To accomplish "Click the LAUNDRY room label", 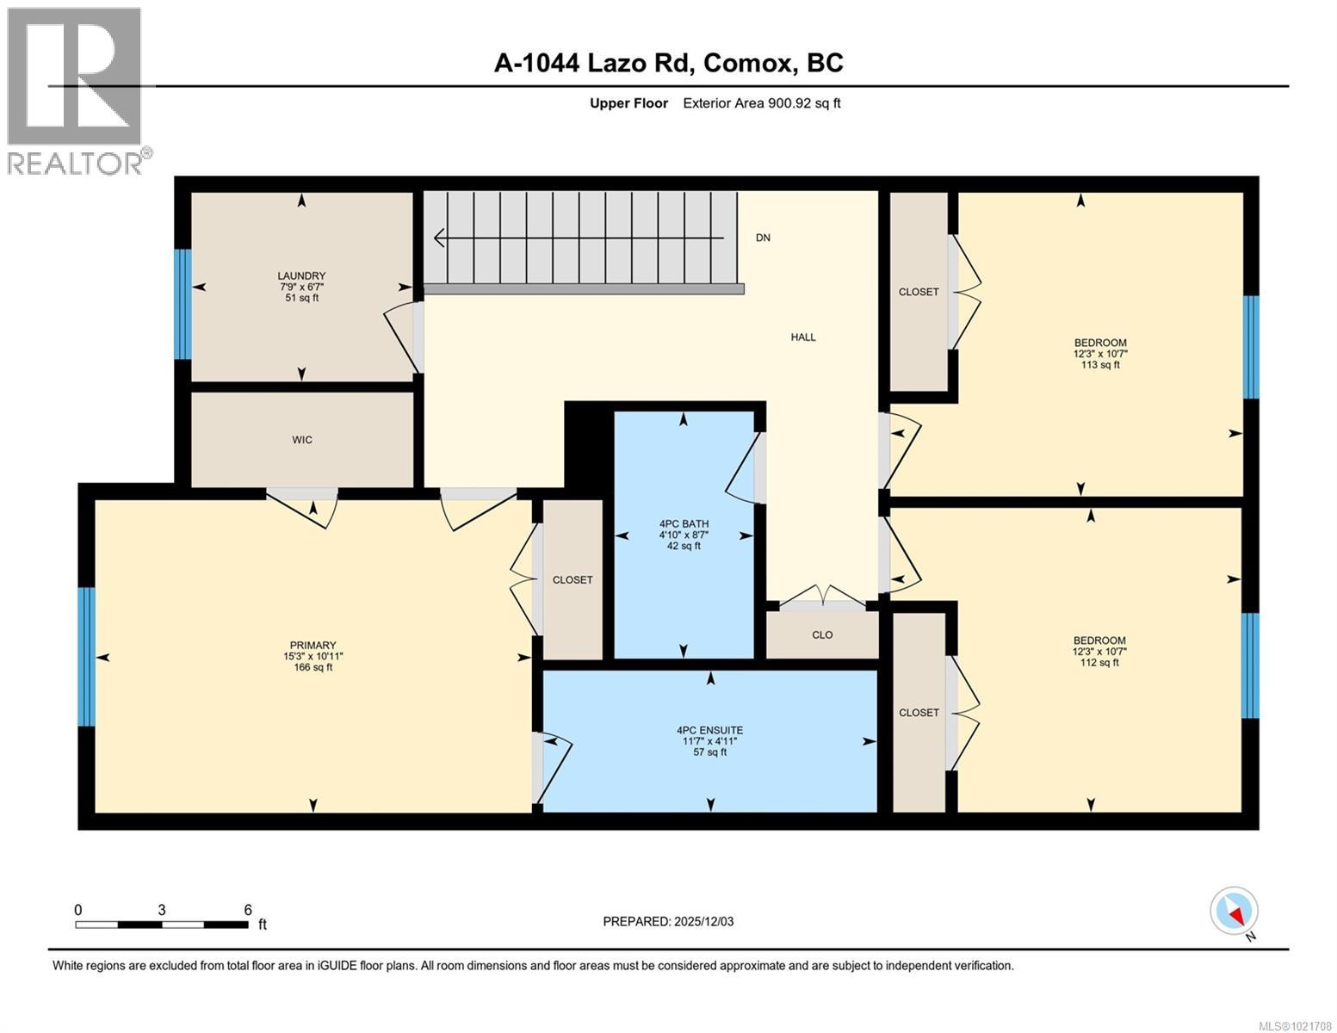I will click(x=301, y=276).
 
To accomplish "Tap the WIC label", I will click(x=301, y=440).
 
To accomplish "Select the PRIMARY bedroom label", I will click(x=313, y=646).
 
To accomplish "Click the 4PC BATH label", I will click(x=684, y=523).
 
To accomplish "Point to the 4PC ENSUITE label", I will click(x=709, y=730).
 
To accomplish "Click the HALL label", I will click(x=803, y=337).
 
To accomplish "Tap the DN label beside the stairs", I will click(x=763, y=238).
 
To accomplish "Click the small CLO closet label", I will click(x=822, y=635).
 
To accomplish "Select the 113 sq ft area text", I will click(x=1099, y=365).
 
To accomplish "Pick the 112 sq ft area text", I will click(x=1099, y=663).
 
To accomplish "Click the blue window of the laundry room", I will click(x=182, y=304).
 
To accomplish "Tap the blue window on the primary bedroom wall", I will click(x=86, y=657).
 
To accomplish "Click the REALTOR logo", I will click(x=76, y=91).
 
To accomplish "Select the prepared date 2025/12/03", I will click(x=668, y=922).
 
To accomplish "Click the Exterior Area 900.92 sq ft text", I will click(x=761, y=103).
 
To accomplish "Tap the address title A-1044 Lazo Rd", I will click(x=668, y=63).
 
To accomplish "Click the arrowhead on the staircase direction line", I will click(x=439, y=238).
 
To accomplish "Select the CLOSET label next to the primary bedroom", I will click(x=573, y=580).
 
